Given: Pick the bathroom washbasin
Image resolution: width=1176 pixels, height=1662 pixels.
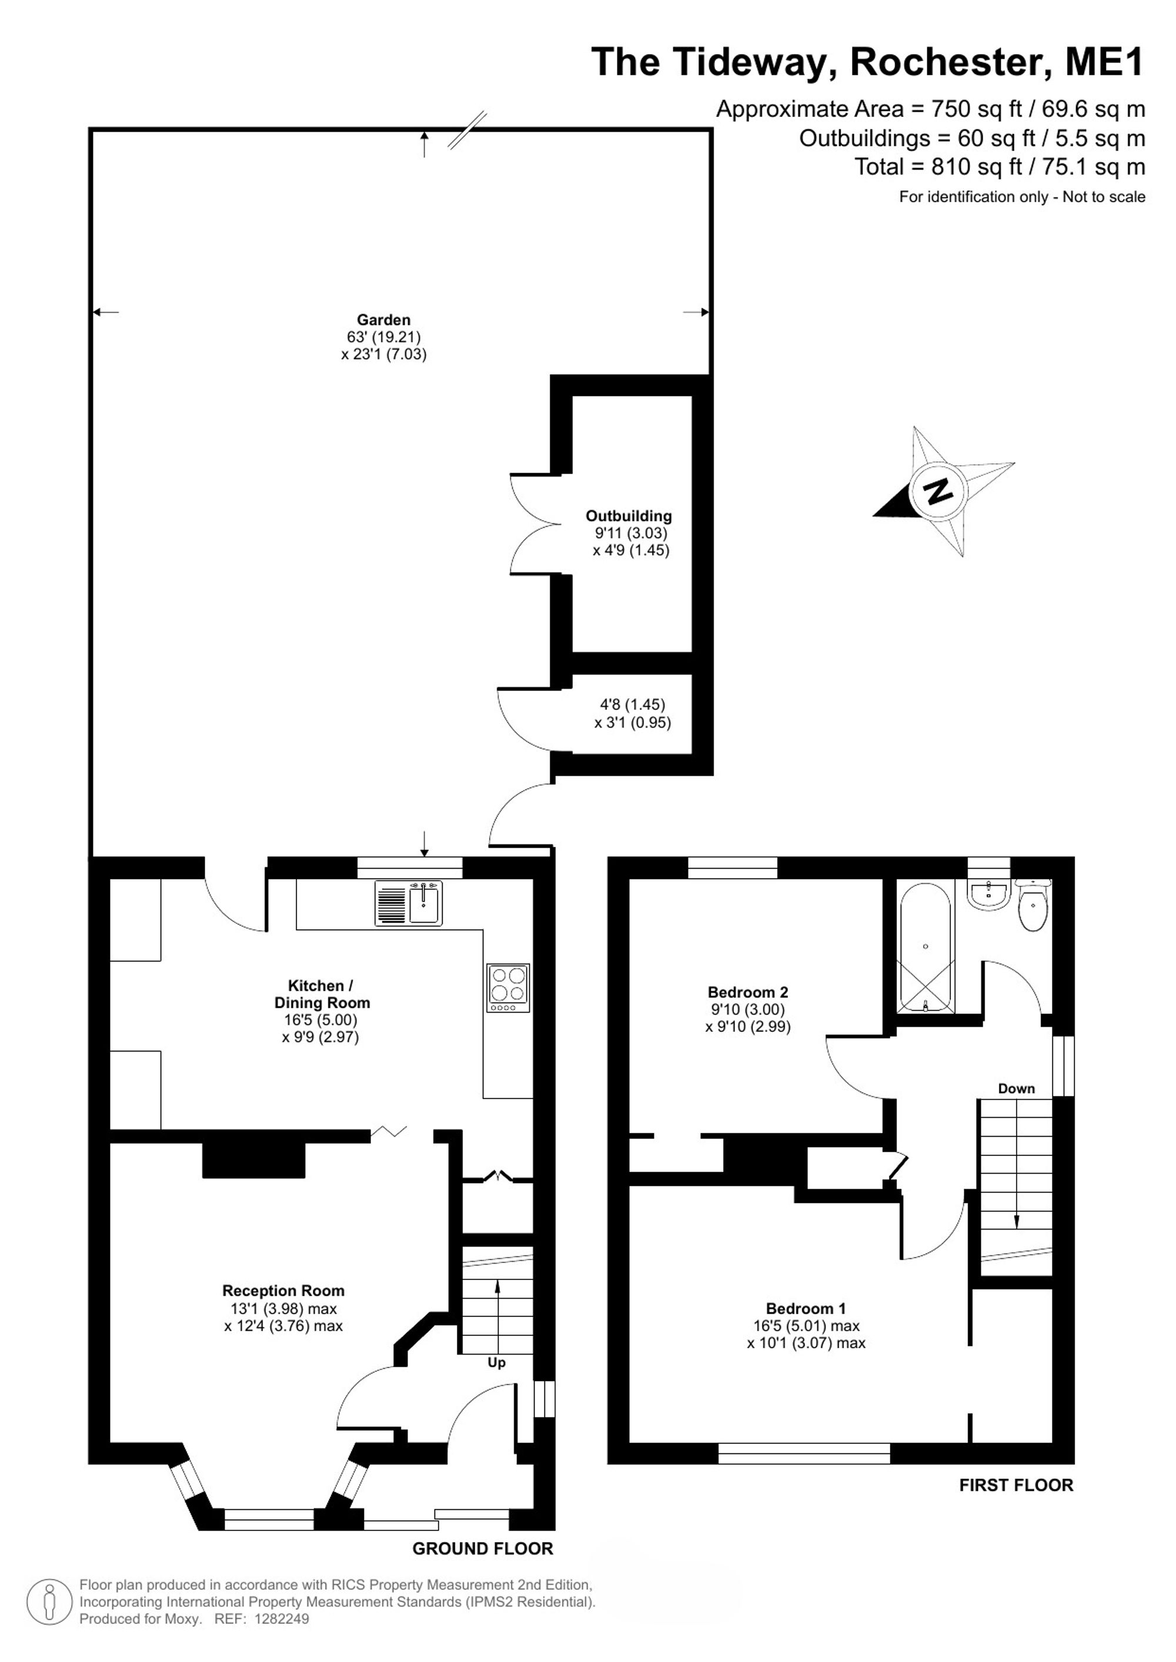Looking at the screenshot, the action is (x=988, y=894).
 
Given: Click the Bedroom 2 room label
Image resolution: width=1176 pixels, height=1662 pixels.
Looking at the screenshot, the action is (x=748, y=993).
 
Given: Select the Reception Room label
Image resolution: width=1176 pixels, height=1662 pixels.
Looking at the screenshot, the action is (x=283, y=1291).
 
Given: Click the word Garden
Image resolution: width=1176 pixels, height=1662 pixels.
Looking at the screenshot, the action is (x=384, y=320).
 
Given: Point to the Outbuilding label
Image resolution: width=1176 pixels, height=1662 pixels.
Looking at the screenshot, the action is (x=629, y=516).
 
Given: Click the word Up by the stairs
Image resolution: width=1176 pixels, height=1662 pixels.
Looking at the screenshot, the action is (x=496, y=1362).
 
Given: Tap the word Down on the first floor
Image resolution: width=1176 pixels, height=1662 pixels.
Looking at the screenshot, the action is (x=1017, y=1088).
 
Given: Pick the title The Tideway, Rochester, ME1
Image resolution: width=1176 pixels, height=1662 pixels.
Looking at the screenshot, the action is (x=867, y=62).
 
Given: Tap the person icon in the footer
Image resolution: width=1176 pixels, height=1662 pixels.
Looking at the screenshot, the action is (x=50, y=1602).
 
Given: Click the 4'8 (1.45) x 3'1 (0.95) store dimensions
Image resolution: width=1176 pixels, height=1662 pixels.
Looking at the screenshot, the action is (x=632, y=713).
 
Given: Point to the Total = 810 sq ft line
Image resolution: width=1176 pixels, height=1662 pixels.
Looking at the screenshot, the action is (x=1000, y=167).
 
